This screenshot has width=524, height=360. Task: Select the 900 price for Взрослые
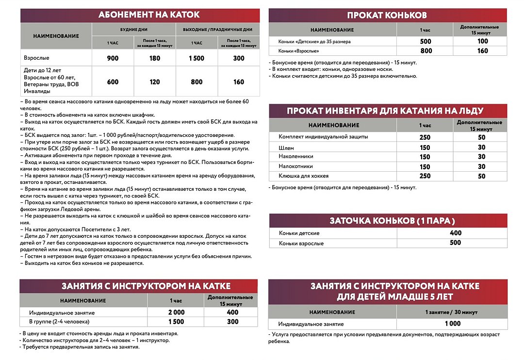[113, 58]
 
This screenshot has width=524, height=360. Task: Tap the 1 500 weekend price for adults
[197, 58]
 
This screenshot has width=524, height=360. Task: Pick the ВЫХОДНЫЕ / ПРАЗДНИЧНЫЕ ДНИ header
[218, 30]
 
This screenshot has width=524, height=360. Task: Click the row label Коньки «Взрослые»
[299, 51]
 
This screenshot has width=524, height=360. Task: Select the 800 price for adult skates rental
[426, 51]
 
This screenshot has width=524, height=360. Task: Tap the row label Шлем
[286, 147]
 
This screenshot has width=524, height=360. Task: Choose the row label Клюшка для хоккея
[303, 176]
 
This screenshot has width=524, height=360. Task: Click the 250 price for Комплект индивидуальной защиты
[425, 137]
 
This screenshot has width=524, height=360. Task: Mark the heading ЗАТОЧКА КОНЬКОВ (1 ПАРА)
[393, 221]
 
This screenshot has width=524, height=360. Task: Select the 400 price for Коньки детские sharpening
[456, 233]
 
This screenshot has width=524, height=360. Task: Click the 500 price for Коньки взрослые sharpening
[456, 243]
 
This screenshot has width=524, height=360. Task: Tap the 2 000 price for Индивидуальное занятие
[176, 312]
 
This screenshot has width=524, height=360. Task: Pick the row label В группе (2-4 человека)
[60, 322]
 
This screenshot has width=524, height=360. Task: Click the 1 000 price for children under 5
[452, 324]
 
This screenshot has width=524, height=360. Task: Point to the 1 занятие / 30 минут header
[452, 311]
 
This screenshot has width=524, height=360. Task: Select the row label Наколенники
[296, 157]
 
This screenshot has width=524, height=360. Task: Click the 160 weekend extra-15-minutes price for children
[239, 82]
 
